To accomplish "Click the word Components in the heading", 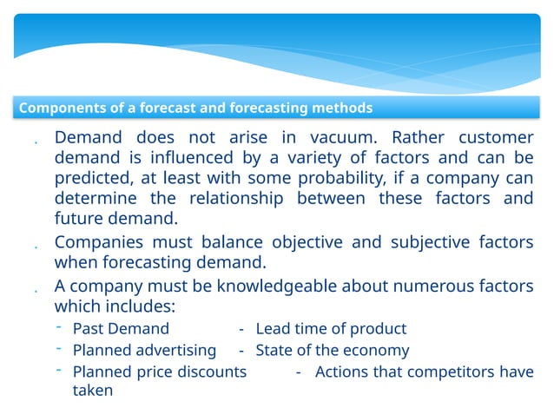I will pos(59,109).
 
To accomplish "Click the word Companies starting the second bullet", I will pos(102,242).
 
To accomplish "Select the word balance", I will pos(237,242).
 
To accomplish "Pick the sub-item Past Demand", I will pos(121,329).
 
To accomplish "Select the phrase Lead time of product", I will pos(331,329).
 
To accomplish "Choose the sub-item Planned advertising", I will pos(144,351).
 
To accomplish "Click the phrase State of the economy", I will pos(332,351).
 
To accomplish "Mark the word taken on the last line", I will pos(93,392).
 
